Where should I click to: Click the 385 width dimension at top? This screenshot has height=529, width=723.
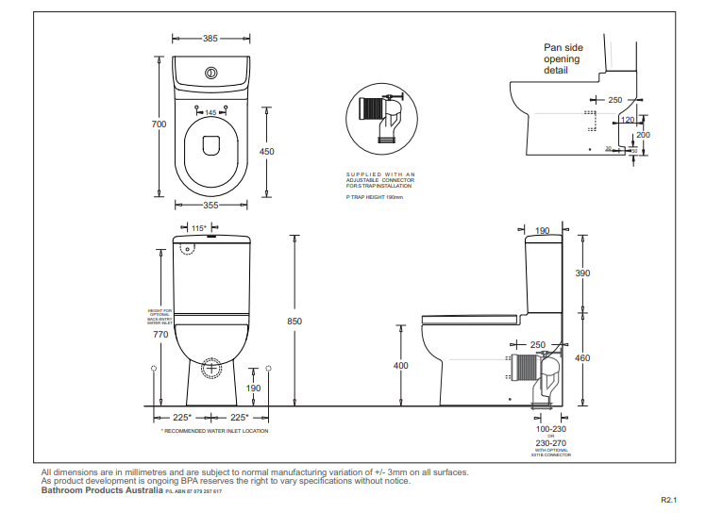[x=210, y=39]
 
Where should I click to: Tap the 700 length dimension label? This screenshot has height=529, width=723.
[x=160, y=124]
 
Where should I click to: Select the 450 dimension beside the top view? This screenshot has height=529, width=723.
[x=267, y=152]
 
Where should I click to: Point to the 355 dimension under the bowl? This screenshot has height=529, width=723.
[x=210, y=205]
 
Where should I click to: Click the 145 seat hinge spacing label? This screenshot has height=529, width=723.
[x=210, y=113]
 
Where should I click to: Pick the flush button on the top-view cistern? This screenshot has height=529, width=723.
[x=211, y=72]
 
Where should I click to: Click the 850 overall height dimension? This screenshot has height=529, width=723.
[x=294, y=322]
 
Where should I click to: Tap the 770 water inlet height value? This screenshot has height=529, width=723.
[x=160, y=334]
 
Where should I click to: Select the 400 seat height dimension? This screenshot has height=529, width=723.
[x=401, y=365]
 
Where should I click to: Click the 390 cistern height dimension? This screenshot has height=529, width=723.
[x=582, y=273]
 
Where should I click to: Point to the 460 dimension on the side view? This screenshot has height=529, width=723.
[x=582, y=357]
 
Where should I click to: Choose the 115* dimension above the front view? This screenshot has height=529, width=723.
[x=198, y=228]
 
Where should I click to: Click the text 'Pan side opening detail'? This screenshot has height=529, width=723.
[x=562, y=58]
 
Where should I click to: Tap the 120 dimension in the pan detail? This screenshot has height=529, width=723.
[x=628, y=120]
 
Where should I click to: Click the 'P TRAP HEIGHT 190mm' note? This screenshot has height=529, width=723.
[x=375, y=197]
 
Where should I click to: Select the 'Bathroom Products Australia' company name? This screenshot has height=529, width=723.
[x=102, y=490]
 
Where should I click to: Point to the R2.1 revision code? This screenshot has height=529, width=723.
[x=669, y=501]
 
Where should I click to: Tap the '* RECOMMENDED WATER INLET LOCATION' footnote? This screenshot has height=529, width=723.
[x=214, y=431]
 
